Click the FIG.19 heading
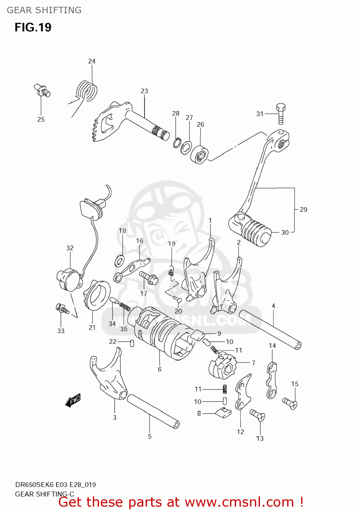33,27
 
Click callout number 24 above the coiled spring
92,61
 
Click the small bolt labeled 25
42,90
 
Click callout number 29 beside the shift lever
304,209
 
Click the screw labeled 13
258,414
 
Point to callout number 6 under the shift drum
160,369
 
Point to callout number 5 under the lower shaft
150,436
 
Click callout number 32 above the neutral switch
70,248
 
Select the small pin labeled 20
177,299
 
